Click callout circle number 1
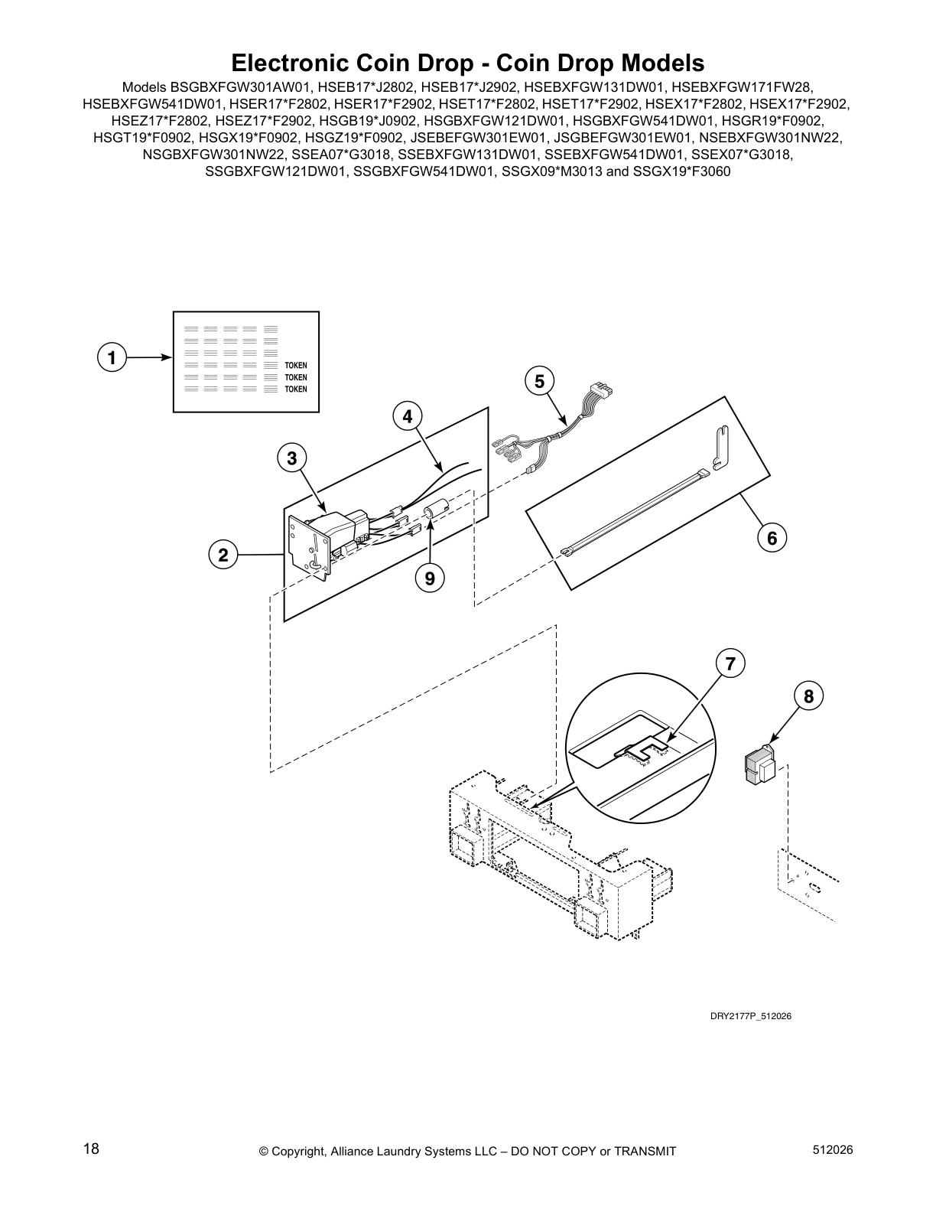[x=112, y=357]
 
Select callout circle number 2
[x=223, y=555]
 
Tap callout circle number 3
[x=291, y=458]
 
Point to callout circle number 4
[x=407, y=416]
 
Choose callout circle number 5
[x=539, y=380]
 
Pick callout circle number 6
[x=772, y=538]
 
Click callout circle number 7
[x=730, y=663]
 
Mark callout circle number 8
[x=808, y=696]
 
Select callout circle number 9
[x=430, y=578]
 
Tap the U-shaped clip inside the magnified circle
[x=646, y=749]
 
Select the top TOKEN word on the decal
[x=296, y=366]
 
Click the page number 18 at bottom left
[x=91, y=1149]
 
